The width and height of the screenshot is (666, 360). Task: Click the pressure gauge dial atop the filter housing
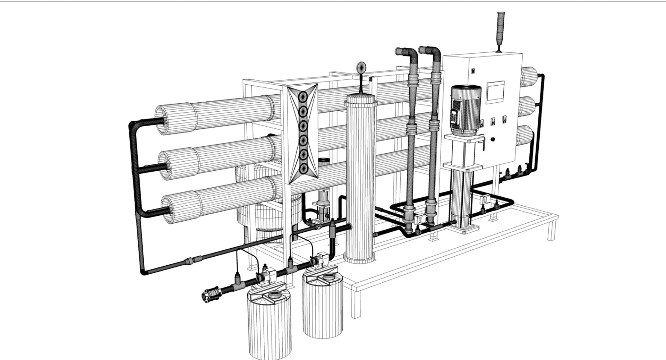pyautogui.click(x=361, y=67)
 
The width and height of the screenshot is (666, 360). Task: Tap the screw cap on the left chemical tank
pyautogui.click(x=275, y=295)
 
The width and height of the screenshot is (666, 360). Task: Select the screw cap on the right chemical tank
pyautogui.click(x=328, y=277)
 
